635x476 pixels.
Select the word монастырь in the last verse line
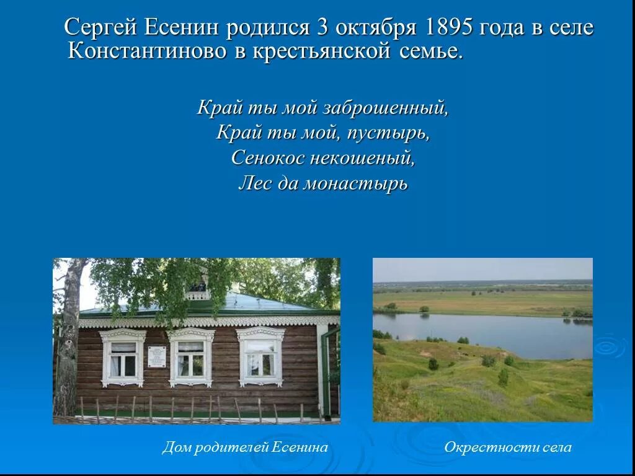tap(355, 183)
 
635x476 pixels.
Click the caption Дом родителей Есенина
tap(245, 447)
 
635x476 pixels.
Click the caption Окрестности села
tap(508, 447)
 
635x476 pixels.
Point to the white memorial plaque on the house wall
tap(156, 356)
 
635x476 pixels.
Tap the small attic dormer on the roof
tap(198, 289)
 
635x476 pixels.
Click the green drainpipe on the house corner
tap(325, 372)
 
